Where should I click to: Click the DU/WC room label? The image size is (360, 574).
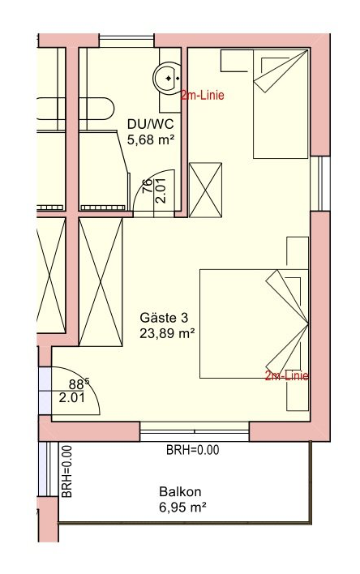pyautogui.click(x=151, y=124)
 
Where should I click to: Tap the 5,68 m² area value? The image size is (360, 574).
pyautogui.click(x=151, y=139)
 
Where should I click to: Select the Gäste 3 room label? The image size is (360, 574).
pyautogui.click(x=164, y=318)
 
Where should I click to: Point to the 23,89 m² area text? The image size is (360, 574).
pyautogui.click(x=167, y=333)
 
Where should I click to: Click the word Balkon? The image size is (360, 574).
pyautogui.click(x=180, y=491)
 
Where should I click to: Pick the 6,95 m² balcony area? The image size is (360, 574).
pyautogui.click(x=182, y=508)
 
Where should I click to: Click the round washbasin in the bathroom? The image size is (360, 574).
pyautogui.click(x=167, y=78)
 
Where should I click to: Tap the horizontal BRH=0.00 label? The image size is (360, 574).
pyautogui.click(x=193, y=449)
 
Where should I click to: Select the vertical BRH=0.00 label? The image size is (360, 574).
pyautogui.click(x=66, y=471)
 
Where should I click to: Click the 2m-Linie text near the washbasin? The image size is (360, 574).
pyautogui.click(x=202, y=96)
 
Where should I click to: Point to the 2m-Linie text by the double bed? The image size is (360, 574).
pyautogui.click(x=287, y=376)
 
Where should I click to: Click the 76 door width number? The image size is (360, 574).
pyautogui.click(x=147, y=186)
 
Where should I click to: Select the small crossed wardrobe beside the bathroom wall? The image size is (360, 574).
pyautogui.click(x=205, y=190)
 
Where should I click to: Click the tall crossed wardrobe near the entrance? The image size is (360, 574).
pyautogui.click(x=101, y=282)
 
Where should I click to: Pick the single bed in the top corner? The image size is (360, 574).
pyautogui.click(x=281, y=104)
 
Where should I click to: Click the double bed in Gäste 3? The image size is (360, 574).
pyautogui.click(x=254, y=324)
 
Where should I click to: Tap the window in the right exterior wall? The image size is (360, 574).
pyautogui.click(x=320, y=184)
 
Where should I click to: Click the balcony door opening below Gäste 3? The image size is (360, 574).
pyautogui.click(x=195, y=431)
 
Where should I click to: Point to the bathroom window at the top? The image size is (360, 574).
pyautogui.click(x=126, y=41)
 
